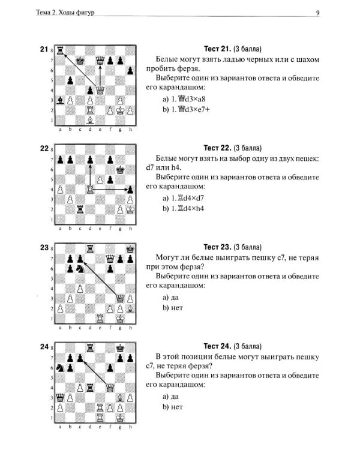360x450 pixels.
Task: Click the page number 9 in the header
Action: click(317, 13)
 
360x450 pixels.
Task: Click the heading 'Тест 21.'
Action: click(217, 49)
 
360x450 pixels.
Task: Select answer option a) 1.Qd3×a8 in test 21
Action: click(184, 99)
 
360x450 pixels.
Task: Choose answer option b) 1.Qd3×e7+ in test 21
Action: click(186, 109)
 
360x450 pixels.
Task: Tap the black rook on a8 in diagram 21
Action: click(60, 50)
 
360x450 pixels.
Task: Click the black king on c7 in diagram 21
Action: click(80, 61)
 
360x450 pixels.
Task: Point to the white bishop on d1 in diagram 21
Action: click(90, 120)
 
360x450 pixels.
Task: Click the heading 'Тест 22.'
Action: click(217, 148)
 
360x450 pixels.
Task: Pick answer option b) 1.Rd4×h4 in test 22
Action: click(183, 209)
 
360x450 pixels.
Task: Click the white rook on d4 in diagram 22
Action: click(90, 190)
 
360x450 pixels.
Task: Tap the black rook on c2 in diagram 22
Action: click(80, 209)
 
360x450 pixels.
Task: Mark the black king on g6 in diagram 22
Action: click(120, 170)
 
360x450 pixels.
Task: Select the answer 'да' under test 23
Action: click(170, 298)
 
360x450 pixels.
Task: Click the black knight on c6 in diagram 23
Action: click(80, 269)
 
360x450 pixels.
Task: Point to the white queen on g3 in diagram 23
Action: click(120, 298)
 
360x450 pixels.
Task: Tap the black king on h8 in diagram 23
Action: click(130, 249)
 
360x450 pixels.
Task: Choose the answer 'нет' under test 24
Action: click(173, 407)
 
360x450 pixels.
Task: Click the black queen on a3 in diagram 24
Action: click(60, 397)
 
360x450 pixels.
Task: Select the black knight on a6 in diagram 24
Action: click(60, 368)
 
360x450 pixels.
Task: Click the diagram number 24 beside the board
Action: click(44, 347)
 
